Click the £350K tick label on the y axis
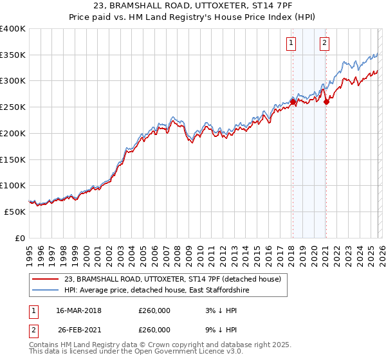(x=13, y=55)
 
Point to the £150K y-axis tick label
(x=13, y=159)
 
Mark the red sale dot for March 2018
(x=293, y=102)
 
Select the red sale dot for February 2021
(x=326, y=102)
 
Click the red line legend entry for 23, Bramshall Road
(x=172, y=280)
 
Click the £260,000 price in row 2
(x=154, y=329)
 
